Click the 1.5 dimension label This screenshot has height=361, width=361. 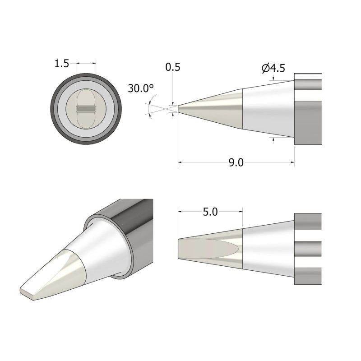(x=61, y=64)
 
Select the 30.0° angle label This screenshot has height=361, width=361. (x=140, y=88)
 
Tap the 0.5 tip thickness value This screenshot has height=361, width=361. (x=173, y=67)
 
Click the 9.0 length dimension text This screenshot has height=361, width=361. (x=236, y=163)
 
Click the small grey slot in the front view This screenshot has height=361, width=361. (x=85, y=109)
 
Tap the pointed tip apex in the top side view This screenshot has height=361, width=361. (x=179, y=109)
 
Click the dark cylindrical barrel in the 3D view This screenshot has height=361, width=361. (x=135, y=230)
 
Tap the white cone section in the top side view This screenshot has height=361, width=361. (x=266, y=108)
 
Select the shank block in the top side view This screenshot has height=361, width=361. (x=308, y=109)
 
